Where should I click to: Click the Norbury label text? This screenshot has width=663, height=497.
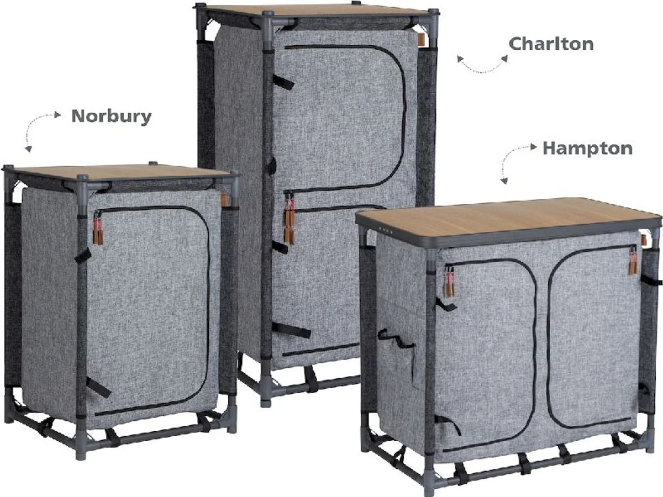tap(112, 117)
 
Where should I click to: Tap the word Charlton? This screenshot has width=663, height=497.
tap(551, 44)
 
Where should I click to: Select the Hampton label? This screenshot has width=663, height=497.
tap(587, 149)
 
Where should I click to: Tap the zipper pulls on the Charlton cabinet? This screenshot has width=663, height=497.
tap(290, 218)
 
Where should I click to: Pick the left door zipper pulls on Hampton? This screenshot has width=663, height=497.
tap(450, 282)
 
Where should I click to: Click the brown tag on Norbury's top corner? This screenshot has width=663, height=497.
tap(224, 200)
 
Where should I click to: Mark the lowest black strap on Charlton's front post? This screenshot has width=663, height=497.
tap(291, 330)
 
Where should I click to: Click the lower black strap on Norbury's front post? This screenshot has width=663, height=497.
tap(99, 387)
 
